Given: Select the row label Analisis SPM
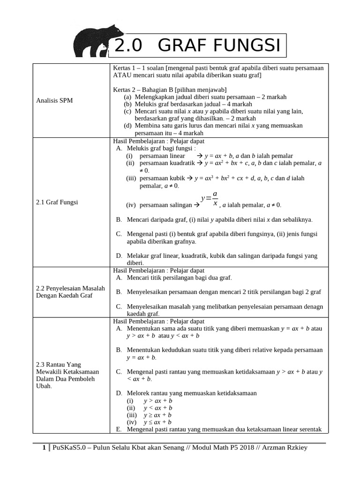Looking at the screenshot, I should click(x=52, y=100).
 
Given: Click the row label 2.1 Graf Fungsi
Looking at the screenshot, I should click(x=57, y=202).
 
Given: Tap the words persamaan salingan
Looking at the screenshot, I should click(x=163, y=205).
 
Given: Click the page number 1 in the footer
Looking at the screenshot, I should click(x=44, y=448).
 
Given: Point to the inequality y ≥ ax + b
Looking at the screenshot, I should click(x=157, y=415).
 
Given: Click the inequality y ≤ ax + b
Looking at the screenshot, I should click(x=157, y=422).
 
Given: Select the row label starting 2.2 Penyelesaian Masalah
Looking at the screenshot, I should click(x=70, y=292).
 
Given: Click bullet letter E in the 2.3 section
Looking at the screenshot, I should click(x=118, y=429).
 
